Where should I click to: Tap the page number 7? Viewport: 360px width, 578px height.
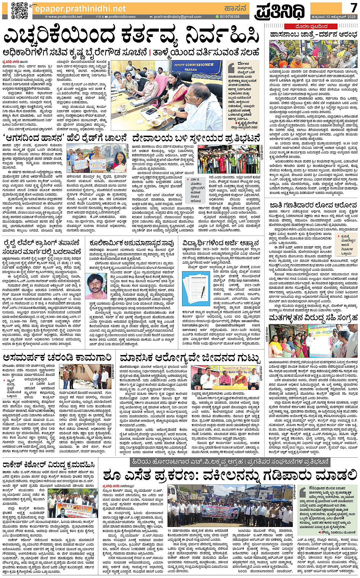[x=353, y=7]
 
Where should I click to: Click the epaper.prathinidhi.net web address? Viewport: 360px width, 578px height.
[x=80, y=8]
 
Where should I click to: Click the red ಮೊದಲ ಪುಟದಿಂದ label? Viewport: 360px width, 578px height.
[x=312, y=27]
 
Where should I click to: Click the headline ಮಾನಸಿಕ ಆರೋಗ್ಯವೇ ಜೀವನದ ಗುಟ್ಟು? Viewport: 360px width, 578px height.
[x=190, y=358]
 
